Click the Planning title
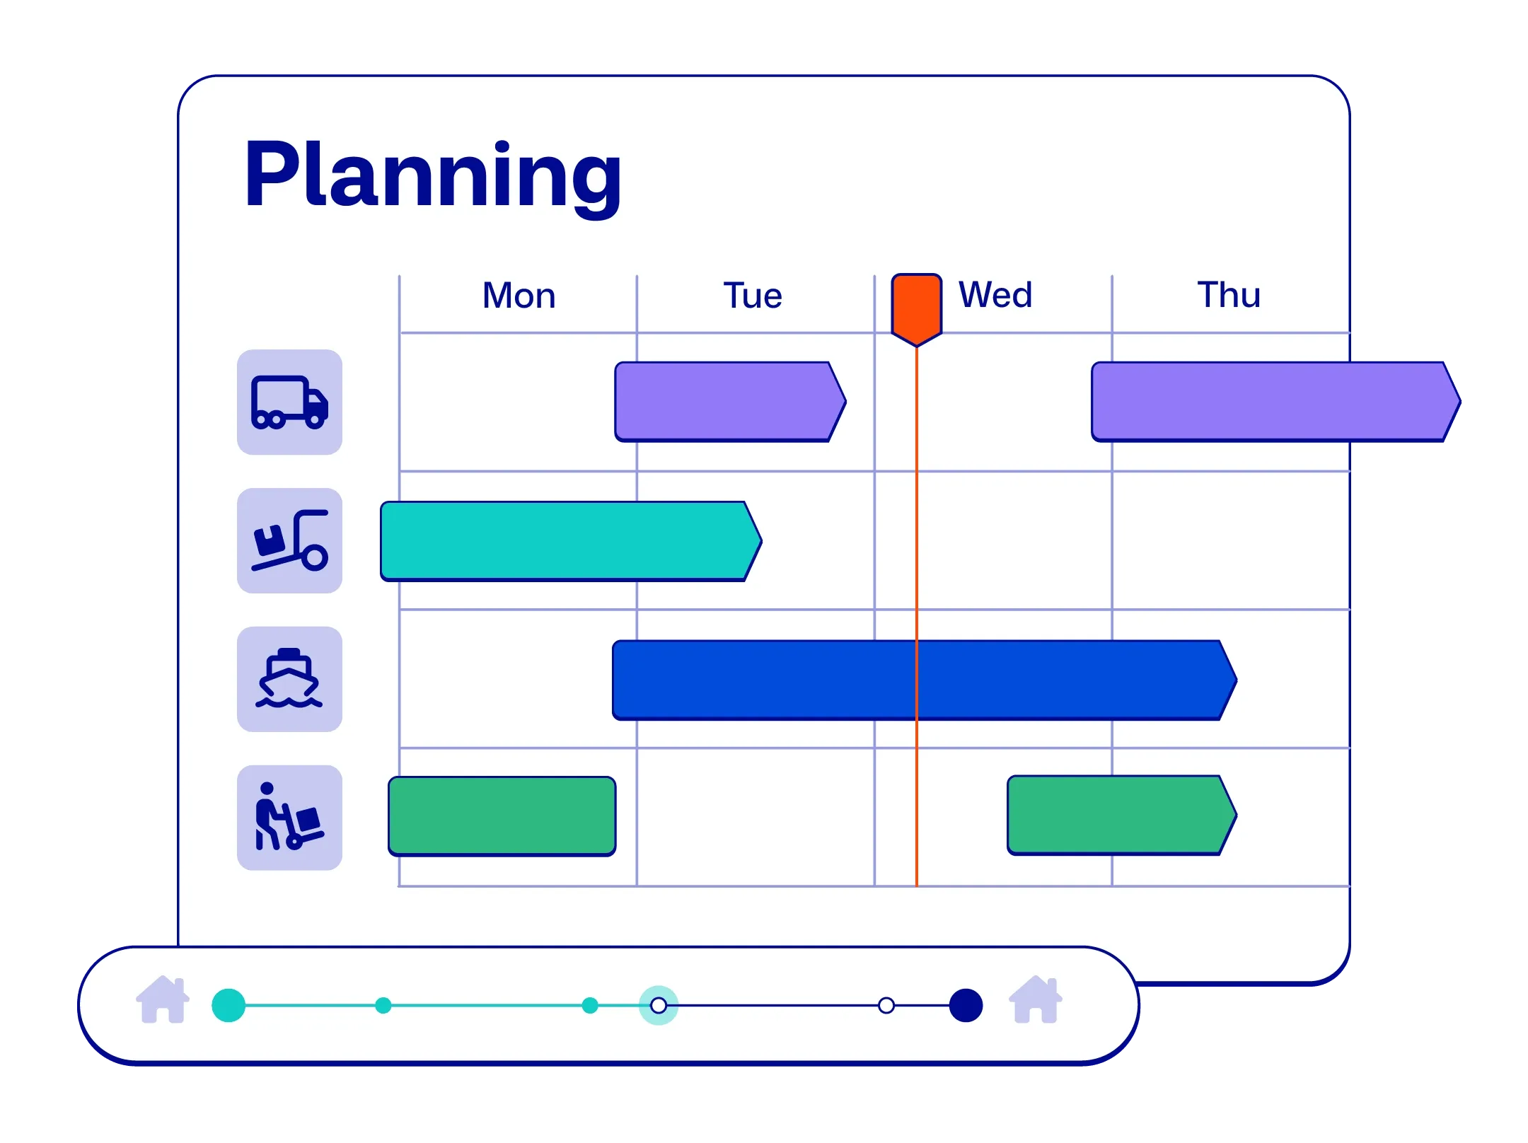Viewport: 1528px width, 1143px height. (x=432, y=175)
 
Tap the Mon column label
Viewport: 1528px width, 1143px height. (x=519, y=296)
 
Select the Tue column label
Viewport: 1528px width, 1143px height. (x=753, y=296)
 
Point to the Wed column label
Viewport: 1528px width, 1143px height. (x=995, y=295)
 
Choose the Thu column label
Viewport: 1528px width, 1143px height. (x=1229, y=295)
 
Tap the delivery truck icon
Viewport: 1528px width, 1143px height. (x=289, y=402)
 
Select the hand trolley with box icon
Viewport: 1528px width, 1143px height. (x=289, y=540)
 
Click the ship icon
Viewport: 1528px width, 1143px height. (x=289, y=679)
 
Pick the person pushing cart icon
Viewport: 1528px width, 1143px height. (x=289, y=818)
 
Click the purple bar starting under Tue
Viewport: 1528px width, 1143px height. (x=729, y=402)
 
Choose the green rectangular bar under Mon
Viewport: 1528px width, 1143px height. (x=502, y=816)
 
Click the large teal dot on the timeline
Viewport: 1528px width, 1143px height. (x=228, y=1005)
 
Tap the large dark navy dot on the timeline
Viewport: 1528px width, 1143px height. (x=966, y=1005)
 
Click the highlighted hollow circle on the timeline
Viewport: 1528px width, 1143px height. (x=659, y=1005)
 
